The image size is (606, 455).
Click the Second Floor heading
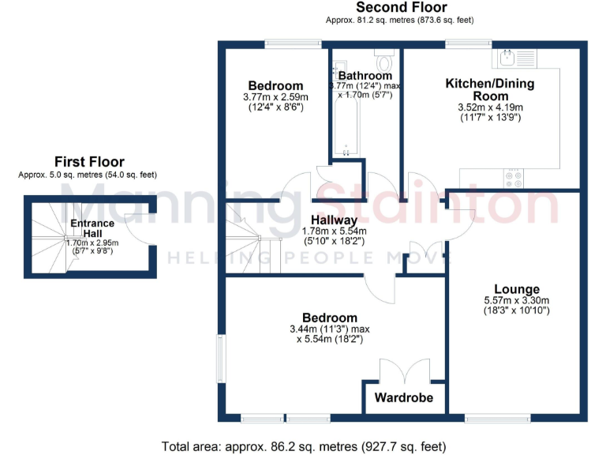[402, 8]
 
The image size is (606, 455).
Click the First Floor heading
[89, 162]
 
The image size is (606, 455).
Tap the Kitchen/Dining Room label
[489, 89]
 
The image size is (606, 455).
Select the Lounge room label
[517, 289]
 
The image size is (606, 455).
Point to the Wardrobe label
[403, 397]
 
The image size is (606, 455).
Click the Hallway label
[334, 220]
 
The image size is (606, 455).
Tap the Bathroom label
[365, 76]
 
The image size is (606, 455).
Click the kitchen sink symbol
[507, 57]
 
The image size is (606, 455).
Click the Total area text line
[304, 446]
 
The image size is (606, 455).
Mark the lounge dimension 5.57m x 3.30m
[517, 300]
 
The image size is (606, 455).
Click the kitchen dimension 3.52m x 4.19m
[489, 107]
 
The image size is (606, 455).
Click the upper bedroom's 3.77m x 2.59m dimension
[275, 97]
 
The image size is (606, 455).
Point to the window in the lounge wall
[498, 417]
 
